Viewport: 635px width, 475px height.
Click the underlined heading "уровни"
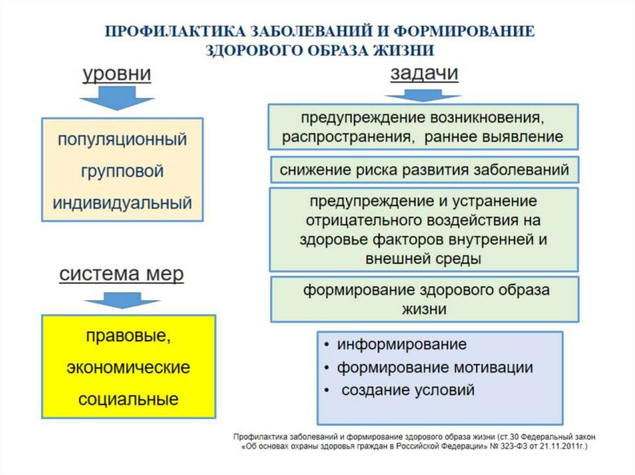pyautogui.click(x=117, y=75)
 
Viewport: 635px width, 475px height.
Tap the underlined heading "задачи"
pyautogui.click(x=424, y=74)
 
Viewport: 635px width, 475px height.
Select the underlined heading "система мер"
pyautogui.click(x=122, y=274)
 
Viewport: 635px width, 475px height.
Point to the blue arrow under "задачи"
pyautogui.click(x=423, y=96)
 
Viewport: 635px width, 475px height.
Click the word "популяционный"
pyautogui.click(x=122, y=139)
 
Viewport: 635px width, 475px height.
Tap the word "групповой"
pyautogui.click(x=122, y=171)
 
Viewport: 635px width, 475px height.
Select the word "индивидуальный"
pyautogui.click(x=122, y=203)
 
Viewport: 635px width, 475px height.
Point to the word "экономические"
pyautogui.click(x=128, y=367)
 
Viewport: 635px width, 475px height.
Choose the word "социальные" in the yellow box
pyautogui.click(x=128, y=399)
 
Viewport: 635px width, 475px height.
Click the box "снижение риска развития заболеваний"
pyautogui.click(x=424, y=170)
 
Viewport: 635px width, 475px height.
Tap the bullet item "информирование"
pyautogui.click(x=401, y=344)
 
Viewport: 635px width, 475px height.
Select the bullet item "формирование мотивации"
pyautogui.click(x=435, y=367)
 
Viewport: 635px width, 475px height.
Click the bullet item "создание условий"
pyautogui.click(x=408, y=390)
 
